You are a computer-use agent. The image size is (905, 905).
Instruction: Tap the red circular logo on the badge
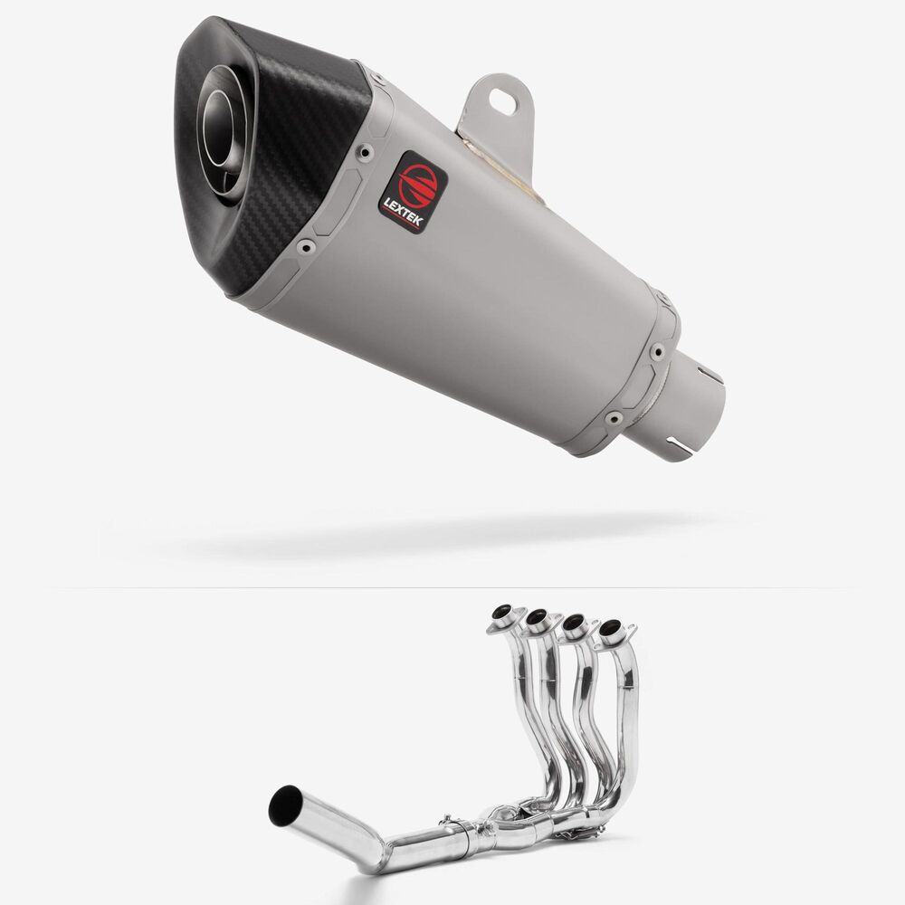418,184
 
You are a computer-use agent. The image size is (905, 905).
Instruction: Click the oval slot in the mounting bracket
503,100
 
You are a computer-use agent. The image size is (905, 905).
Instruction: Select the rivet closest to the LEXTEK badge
365,152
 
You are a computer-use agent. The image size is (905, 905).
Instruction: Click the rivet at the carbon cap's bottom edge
305,247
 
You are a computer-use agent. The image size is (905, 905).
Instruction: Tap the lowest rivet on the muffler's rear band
614,416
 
